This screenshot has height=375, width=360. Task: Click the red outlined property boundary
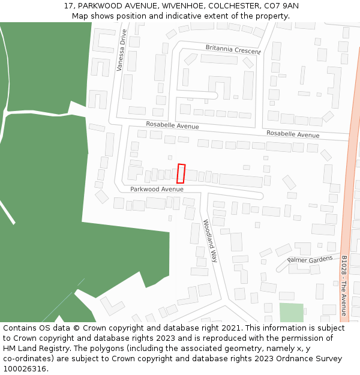click(x=181, y=173)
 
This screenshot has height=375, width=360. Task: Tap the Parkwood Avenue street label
click(x=157, y=189)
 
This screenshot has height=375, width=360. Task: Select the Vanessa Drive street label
click(x=122, y=50)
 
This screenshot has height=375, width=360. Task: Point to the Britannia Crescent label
click(x=233, y=49)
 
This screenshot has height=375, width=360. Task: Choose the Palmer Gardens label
click(x=310, y=259)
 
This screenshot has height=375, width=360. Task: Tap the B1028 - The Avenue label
click(x=344, y=286)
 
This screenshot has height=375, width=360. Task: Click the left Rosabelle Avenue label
click(x=172, y=126)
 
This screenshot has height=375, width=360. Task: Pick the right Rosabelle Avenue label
click(x=293, y=134)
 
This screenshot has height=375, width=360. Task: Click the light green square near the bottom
click(x=292, y=313)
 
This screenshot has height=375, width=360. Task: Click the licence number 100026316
click(x=23, y=368)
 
